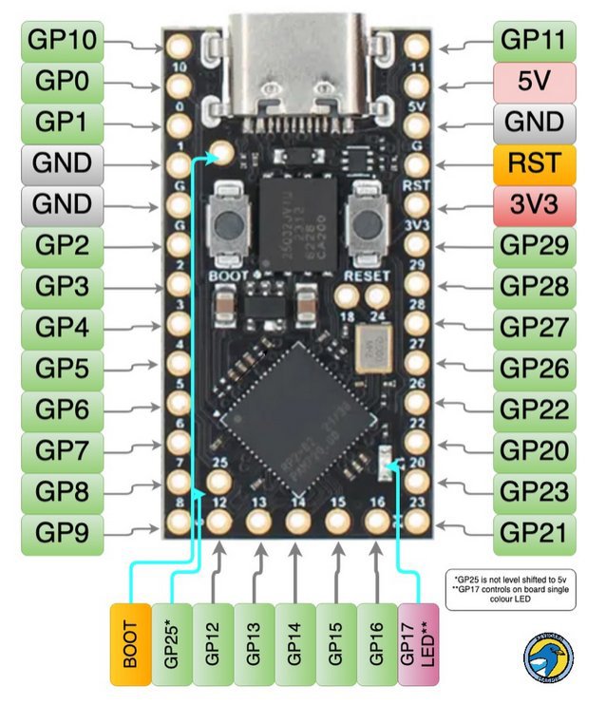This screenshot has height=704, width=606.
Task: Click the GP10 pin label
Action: pos(62,40)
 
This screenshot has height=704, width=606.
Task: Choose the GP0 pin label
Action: pos(62,82)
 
